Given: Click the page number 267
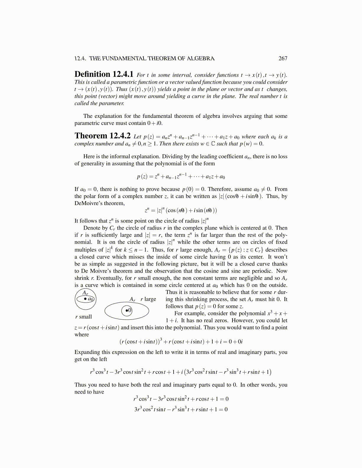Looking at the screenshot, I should click(x=283, y=58).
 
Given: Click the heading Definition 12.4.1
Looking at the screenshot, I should click(x=104, y=74).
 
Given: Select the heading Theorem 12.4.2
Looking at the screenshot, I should click(x=102, y=136).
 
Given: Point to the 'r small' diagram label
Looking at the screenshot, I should click(x=83, y=317).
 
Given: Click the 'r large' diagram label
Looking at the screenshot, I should click(x=148, y=299).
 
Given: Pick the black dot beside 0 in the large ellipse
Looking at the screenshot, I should click(x=127, y=310).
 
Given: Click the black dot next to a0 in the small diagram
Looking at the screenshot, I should click(x=85, y=299).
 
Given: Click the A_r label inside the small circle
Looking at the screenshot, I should click(x=85, y=293).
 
